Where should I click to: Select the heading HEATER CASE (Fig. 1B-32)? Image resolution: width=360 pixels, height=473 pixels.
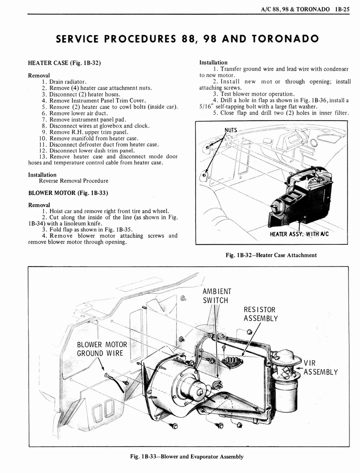coord(65,62)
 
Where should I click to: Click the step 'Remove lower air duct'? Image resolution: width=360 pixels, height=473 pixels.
coord(74,113)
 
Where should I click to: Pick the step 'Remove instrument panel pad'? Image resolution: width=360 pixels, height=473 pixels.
coord(84,119)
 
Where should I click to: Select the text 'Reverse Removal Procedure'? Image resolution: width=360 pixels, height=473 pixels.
coord(73,181)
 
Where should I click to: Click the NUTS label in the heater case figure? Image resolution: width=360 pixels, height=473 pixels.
coord(231,130)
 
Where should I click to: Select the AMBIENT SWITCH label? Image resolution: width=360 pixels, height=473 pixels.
coord(216,296)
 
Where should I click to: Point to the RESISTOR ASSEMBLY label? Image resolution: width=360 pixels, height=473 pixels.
coord(261,314)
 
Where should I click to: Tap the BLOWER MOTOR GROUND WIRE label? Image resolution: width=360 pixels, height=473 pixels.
coord(102,349)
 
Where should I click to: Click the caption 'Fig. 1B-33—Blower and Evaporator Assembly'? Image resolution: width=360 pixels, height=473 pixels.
coord(186,456)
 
